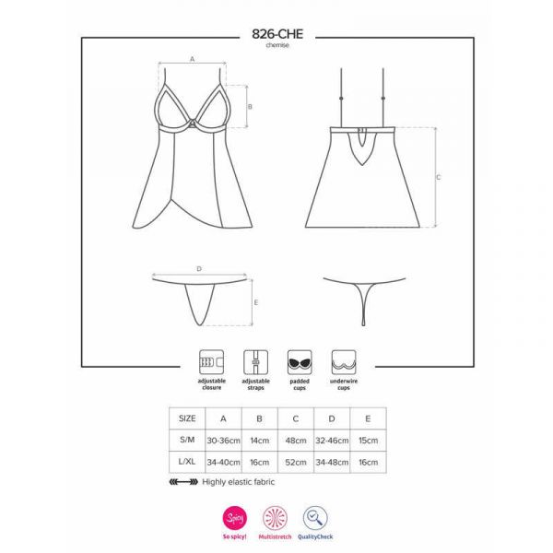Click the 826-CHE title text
(277, 34)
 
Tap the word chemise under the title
(277, 45)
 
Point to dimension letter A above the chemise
(193, 59)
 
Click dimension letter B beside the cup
(250, 107)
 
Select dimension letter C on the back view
(439, 177)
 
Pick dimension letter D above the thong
(199, 269)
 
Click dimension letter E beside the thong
(256, 302)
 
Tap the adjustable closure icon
(212, 362)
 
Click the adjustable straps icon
(255, 362)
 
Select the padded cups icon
(300, 362)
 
